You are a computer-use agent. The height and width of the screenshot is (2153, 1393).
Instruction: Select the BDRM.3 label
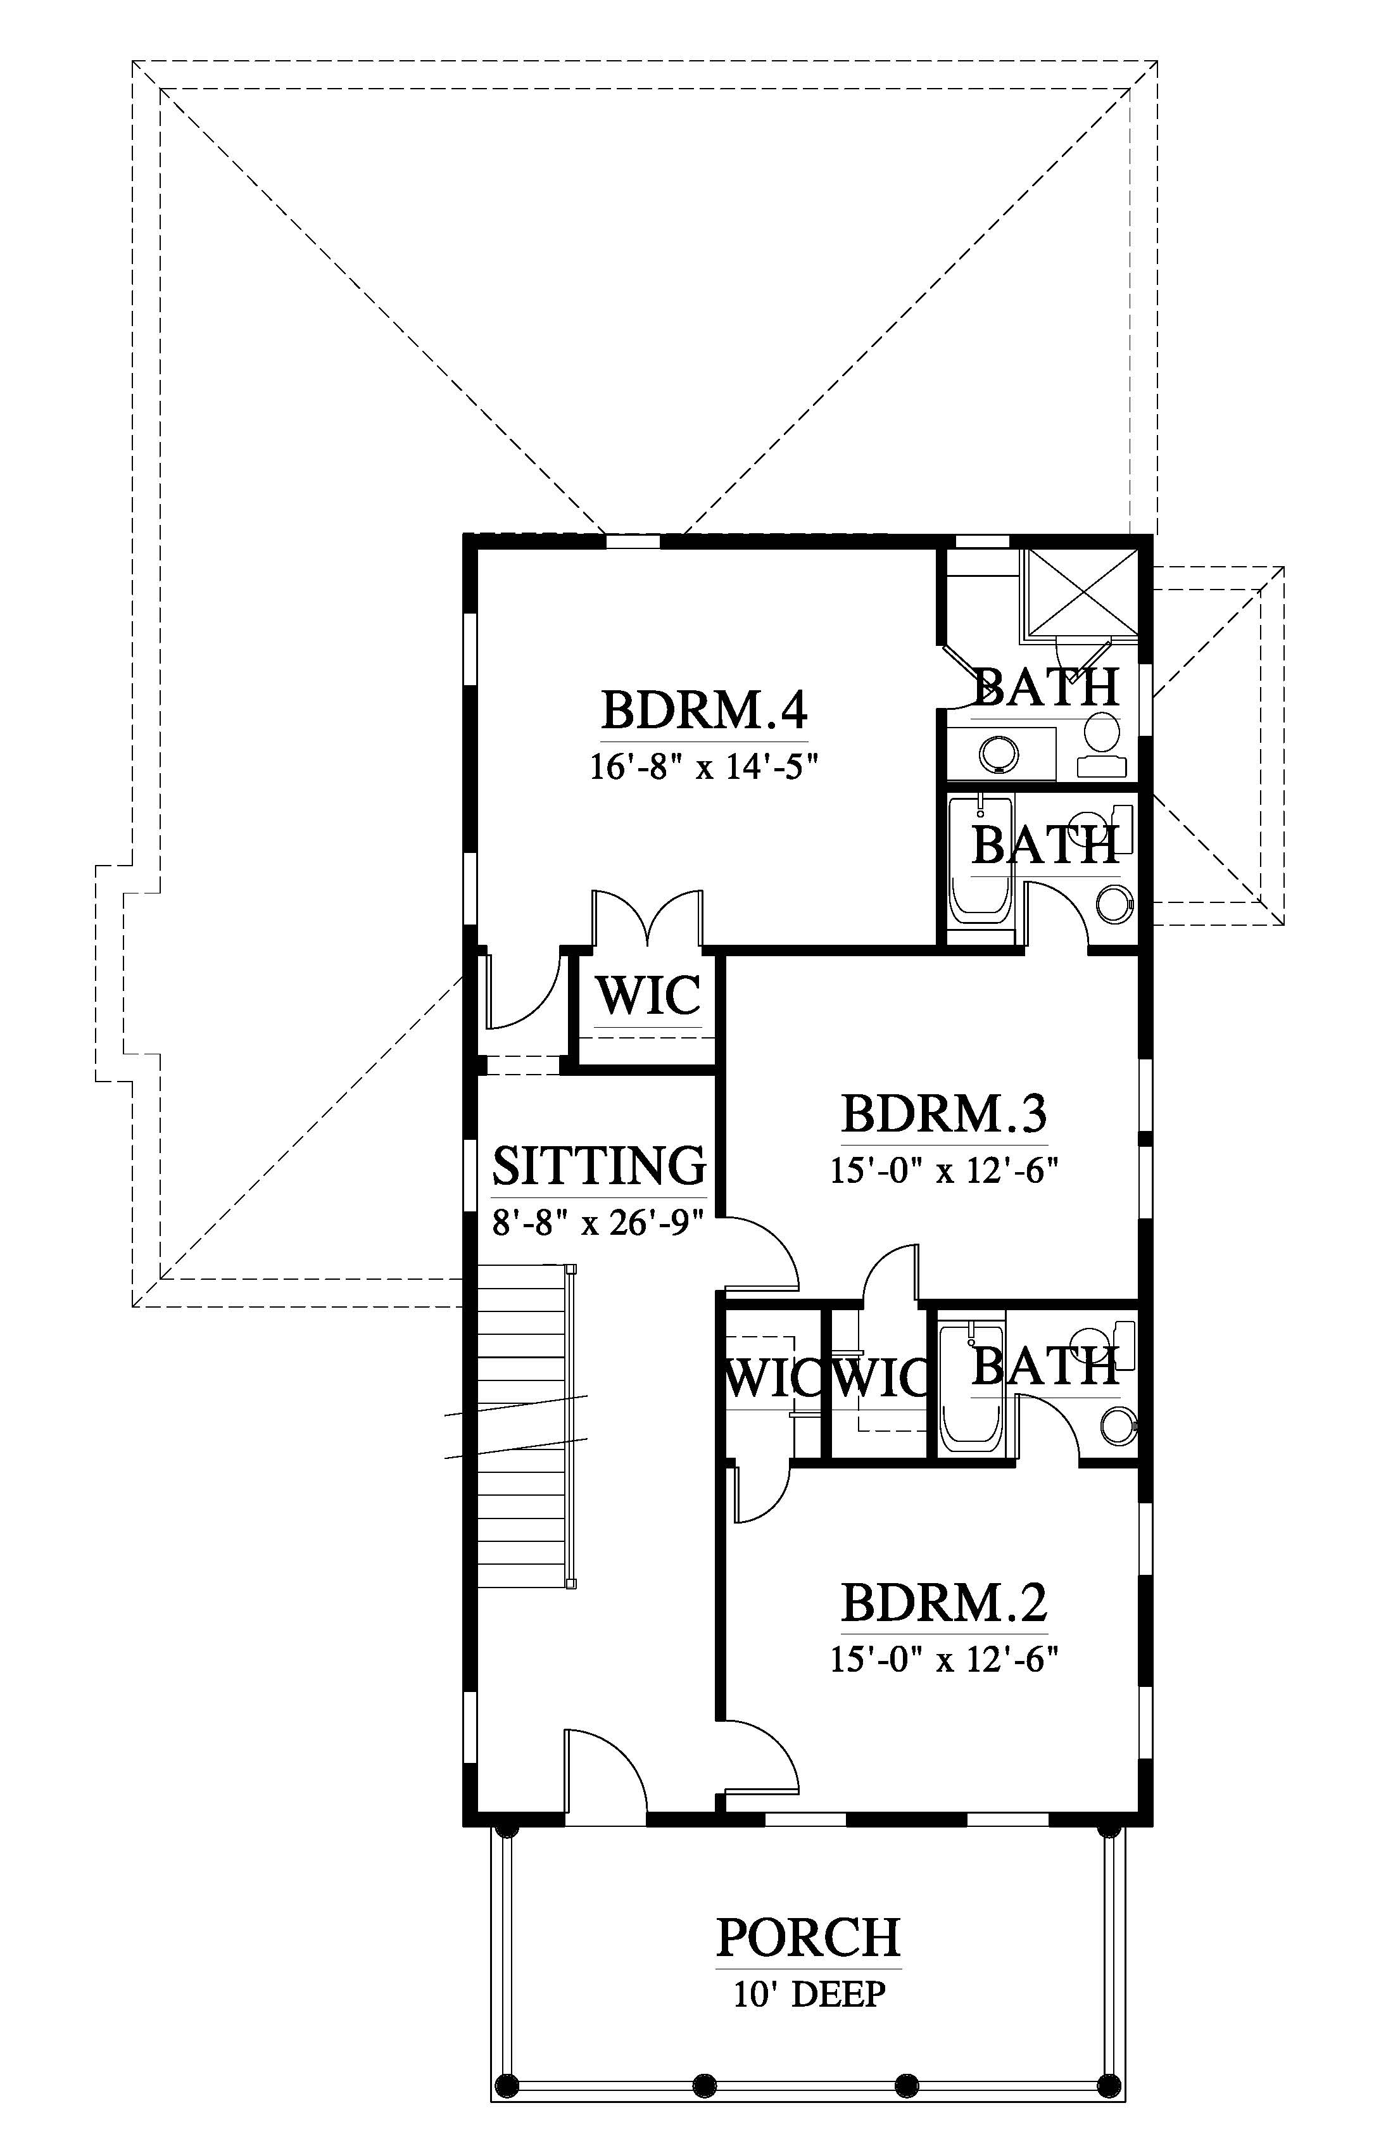click(944, 1114)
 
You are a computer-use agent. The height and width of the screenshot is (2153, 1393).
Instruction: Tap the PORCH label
click(809, 1938)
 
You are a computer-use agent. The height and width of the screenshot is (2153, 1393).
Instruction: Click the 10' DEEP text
click(809, 1994)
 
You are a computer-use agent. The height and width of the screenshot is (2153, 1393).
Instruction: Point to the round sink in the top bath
click(998, 753)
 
